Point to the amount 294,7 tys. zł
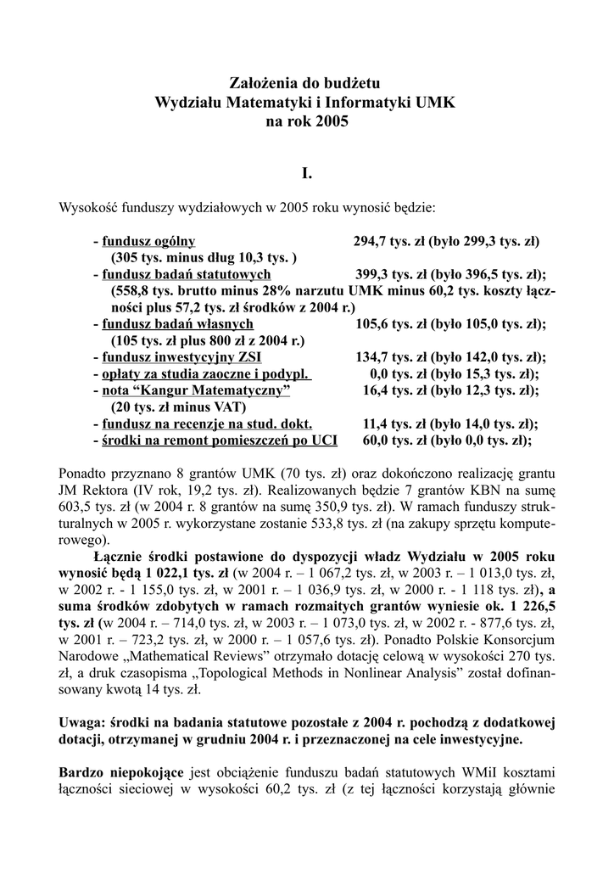click(391, 241)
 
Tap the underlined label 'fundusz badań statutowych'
click(187, 274)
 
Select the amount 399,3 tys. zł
click(394, 274)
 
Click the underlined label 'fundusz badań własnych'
click(177, 323)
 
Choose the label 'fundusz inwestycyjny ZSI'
click(182, 356)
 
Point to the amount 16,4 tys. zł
click(396, 390)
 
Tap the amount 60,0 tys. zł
click(396, 440)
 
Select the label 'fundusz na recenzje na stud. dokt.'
click(207, 423)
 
